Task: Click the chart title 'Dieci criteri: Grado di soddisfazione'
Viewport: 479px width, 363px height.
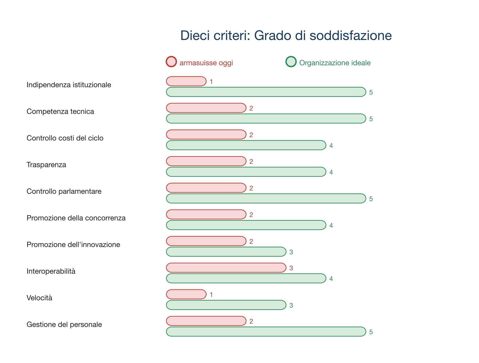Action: (286, 35)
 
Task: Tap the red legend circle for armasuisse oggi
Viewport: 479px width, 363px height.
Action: (171, 62)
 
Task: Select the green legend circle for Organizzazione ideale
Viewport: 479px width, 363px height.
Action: (291, 62)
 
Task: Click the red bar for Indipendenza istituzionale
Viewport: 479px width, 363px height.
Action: (186, 81)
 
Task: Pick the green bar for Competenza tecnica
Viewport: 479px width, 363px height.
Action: (266, 119)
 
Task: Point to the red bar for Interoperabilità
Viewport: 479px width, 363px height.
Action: (226, 268)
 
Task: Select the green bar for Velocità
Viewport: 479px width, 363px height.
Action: (226, 305)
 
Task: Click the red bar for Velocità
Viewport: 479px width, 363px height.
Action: (186, 294)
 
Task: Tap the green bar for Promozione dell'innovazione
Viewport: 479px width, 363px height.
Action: (226, 252)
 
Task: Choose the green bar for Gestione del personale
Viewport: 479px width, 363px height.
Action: (266, 332)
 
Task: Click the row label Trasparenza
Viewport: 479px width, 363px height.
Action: (46, 165)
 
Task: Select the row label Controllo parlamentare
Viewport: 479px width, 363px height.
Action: (64, 191)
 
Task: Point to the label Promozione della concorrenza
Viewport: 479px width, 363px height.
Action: (76, 218)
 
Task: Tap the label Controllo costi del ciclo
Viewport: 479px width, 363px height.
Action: (65, 138)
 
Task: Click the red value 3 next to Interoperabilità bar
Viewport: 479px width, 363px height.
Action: (291, 268)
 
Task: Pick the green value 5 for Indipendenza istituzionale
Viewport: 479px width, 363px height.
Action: (371, 92)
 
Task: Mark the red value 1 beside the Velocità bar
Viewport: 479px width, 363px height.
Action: (211, 295)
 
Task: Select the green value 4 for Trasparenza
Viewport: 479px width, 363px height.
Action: (331, 172)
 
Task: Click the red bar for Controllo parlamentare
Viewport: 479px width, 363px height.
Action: (206, 188)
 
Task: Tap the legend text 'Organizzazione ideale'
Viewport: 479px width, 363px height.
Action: (335, 63)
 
